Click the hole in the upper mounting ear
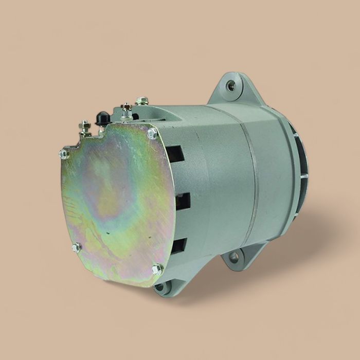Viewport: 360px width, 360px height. click(231, 86)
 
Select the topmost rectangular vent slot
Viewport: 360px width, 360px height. click(175, 153)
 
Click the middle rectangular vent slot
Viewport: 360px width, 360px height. click(182, 201)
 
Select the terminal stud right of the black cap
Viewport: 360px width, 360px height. click(125, 110)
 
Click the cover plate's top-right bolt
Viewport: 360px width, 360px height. click(152, 133)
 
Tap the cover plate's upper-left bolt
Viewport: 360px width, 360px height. click(64, 153)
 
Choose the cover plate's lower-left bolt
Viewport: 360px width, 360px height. click(76, 247)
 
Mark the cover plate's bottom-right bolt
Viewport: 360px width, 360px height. click(157, 268)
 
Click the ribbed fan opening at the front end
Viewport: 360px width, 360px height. click(299, 159)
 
